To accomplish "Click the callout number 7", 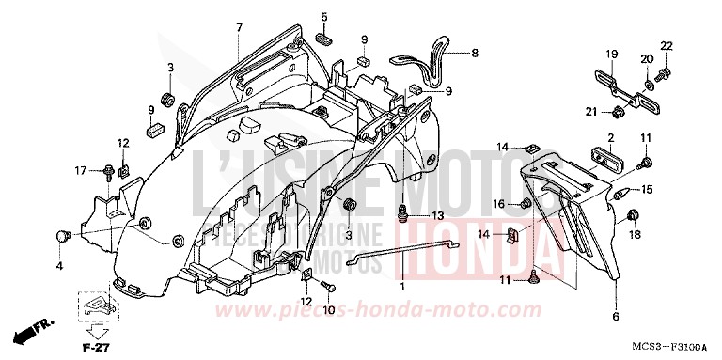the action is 239,27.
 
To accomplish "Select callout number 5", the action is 324,17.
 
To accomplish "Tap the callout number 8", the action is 475,53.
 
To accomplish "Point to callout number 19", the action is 610,53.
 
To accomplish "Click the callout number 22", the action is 667,47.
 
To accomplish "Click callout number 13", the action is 437,216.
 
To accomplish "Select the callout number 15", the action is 646,190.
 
